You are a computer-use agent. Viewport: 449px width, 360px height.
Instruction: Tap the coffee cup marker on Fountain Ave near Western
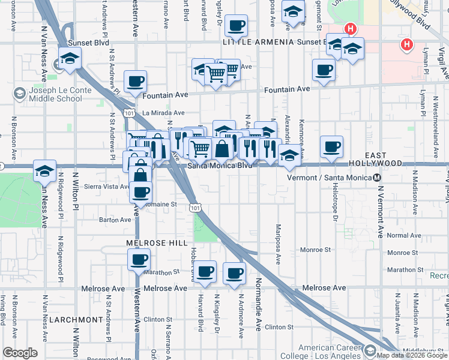(x=135, y=81)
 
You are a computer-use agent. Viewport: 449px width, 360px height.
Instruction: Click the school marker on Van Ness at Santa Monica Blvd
(x=44, y=171)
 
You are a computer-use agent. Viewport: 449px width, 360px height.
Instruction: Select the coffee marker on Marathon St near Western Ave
(x=139, y=260)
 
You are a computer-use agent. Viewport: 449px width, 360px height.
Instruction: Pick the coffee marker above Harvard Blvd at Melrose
(x=205, y=271)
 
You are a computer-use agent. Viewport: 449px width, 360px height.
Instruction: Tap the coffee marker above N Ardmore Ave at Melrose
(x=234, y=274)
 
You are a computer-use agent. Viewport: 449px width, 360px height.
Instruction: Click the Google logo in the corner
(x=20, y=353)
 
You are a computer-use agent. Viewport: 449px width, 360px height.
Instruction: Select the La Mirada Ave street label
(x=163, y=112)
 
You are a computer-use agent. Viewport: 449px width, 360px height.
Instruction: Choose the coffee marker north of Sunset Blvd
(x=237, y=25)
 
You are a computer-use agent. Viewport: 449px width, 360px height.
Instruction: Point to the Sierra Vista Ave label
(x=107, y=187)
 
